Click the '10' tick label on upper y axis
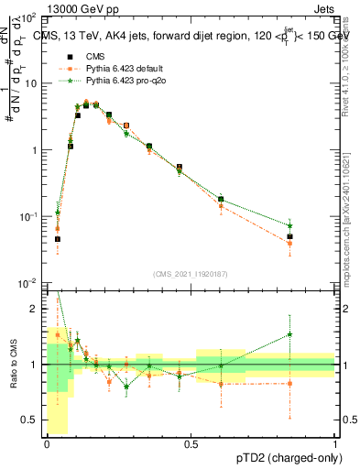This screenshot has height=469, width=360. [x=32, y=83]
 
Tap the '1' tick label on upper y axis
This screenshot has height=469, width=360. [x=35, y=150]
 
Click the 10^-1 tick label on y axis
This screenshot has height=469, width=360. [x=29, y=217]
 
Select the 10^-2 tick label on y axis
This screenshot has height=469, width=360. [x=29, y=284]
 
